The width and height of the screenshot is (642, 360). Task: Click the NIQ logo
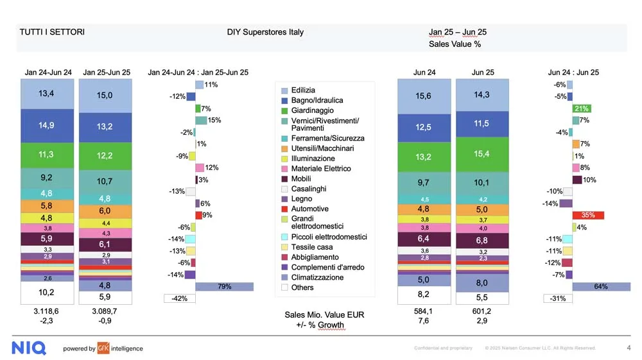[29, 348]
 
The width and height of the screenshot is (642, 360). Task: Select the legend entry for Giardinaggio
[312, 110]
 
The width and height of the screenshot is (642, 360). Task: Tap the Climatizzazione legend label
[317, 277]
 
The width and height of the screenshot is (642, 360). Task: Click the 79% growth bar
[224, 287]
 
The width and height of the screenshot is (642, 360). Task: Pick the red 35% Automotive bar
[587, 215]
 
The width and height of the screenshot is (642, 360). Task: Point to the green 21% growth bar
[582, 108]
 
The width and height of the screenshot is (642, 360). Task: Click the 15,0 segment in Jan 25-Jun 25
[105, 95]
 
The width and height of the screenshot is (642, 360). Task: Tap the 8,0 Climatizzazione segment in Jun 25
[481, 283]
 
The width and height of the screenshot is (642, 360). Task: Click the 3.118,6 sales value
[46, 311]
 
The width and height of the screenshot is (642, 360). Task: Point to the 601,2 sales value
[481, 311]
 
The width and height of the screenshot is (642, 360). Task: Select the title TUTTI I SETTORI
[52, 32]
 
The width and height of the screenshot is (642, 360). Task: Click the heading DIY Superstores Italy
[265, 32]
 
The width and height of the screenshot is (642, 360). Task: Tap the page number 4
[628, 348]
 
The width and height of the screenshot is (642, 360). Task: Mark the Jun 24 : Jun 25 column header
[573, 73]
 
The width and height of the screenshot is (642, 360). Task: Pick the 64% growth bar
[601, 287]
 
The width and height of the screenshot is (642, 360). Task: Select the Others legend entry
[302, 287]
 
